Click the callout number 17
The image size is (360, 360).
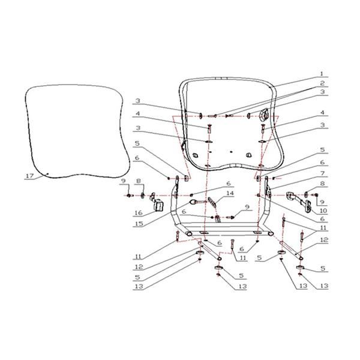29,176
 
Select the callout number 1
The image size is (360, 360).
322,74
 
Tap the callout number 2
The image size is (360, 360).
323,83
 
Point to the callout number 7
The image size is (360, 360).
323,173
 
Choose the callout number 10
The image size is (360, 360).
323,211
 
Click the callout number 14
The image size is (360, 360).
230,193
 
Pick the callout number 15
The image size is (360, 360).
139,223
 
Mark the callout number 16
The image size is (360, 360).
139,213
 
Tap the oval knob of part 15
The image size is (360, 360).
193,202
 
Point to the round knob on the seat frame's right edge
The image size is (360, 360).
263,115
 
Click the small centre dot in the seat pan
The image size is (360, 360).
231,152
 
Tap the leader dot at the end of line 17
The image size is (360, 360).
47,173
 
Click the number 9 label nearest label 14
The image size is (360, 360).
247,207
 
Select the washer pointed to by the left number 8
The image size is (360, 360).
143,196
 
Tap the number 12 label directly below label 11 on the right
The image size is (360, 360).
324,240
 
